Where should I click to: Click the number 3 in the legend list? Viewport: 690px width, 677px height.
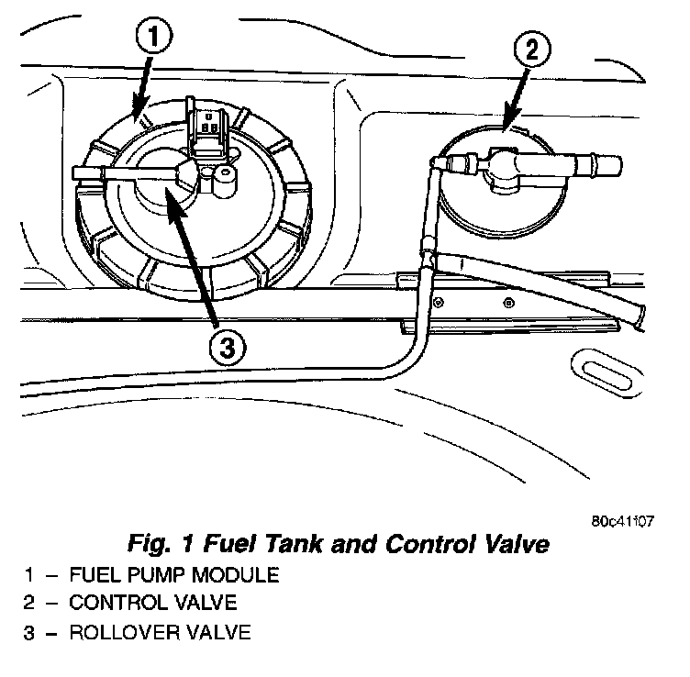point(30,632)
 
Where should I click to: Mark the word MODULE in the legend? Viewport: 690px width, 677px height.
point(233,575)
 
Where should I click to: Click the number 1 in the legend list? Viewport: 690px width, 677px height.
point(30,575)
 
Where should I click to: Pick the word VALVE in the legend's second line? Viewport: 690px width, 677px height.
point(206,604)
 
